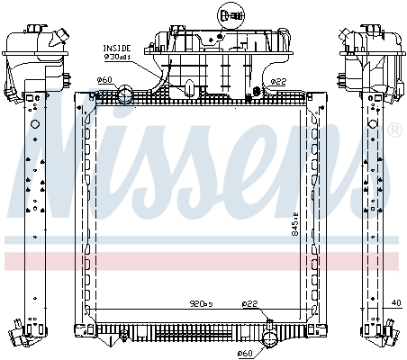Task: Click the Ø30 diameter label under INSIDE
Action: pos(118,56)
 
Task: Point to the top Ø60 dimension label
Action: pos(104,80)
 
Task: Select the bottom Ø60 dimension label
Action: pos(244,354)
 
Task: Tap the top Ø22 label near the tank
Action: pos(279,81)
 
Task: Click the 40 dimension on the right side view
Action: pos(396,303)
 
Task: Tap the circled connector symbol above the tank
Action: pos(229,15)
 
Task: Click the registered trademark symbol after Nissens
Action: pos(394,131)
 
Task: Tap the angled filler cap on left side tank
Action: pos(60,39)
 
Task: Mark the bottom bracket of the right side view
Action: pos(382,333)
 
